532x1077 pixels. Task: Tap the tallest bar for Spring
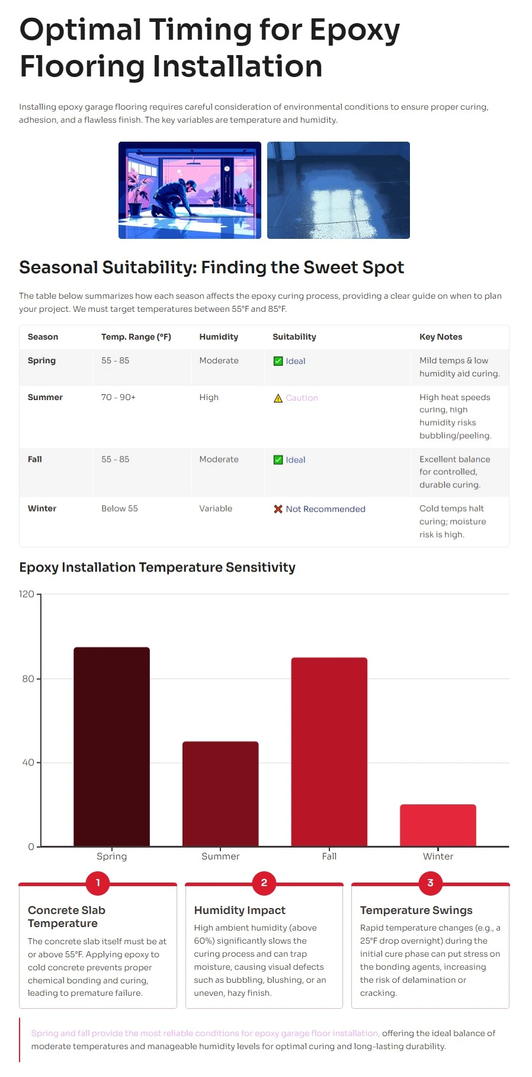pyautogui.click(x=111, y=746)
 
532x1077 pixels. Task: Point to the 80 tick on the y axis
pyautogui.click(x=28, y=679)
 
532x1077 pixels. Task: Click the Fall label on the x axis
pyautogui.click(x=329, y=856)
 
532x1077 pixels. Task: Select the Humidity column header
pyautogui.click(x=219, y=337)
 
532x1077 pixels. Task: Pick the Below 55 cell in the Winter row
pyautogui.click(x=120, y=509)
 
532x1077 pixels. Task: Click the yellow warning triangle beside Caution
pyautogui.click(x=278, y=398)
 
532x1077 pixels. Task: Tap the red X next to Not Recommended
pyautogui.click(x=278, y=509)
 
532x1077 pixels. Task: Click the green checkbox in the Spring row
pyautogui.click(x=278, y=361)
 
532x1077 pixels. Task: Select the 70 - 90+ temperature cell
pyautogui.click(x=118, y=397)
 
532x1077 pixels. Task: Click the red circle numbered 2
pyautogui.click(x=264, y=883)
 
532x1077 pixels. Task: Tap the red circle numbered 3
pyautogui.click(x=430, y=883)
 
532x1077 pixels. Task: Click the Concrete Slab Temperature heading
pyautogui.click(x=66, y=916)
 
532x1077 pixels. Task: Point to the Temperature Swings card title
pyautogui.click(x=416, y=910)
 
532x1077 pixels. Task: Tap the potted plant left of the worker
pyautogui.click(x=137, y=190)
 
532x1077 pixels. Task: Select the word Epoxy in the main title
pyautogui.click(x=354, y=30)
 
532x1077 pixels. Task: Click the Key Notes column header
pyautogui.click(x=441, y=337)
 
